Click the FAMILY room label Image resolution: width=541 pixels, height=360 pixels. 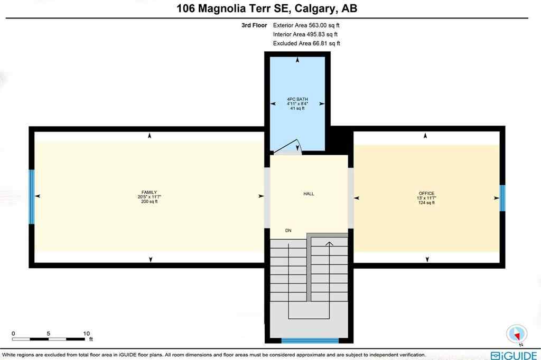[149, 192]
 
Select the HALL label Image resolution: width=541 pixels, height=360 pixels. [309, 194]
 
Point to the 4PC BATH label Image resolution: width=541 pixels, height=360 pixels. [297, 99]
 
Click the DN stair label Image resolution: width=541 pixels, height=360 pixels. [288, 231]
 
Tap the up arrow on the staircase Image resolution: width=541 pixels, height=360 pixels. [329, 244]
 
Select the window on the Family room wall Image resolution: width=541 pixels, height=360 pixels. [32, 196]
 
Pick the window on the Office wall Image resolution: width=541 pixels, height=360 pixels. [502, 197]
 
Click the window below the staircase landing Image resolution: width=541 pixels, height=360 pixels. [310, 340]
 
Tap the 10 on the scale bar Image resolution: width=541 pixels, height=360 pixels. [87, 334]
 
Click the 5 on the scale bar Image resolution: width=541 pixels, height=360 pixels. [48, 334]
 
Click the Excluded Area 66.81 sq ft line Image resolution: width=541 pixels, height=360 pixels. [306, 43]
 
